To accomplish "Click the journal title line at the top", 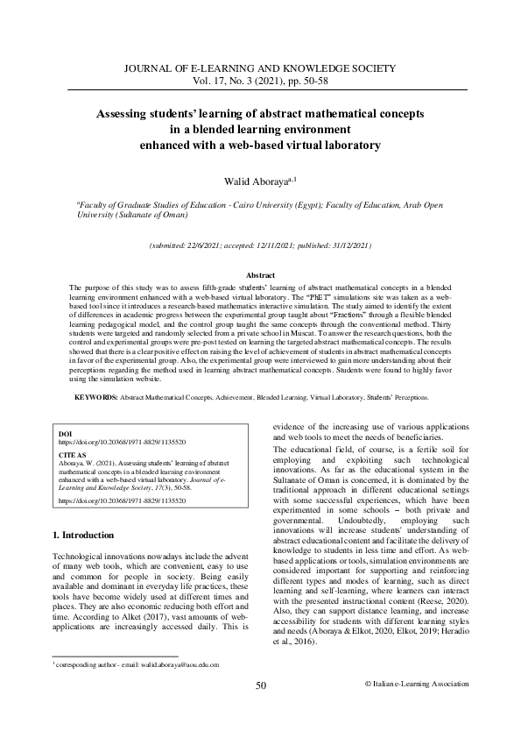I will (x=260, y=67).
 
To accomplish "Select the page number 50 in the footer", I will (x=260, y=709).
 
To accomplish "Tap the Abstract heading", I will (x=260, y=275).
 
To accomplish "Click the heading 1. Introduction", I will (x=83, y=535).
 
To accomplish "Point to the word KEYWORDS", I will (x=95, y=397).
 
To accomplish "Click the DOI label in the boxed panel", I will (x=64, y=434).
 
